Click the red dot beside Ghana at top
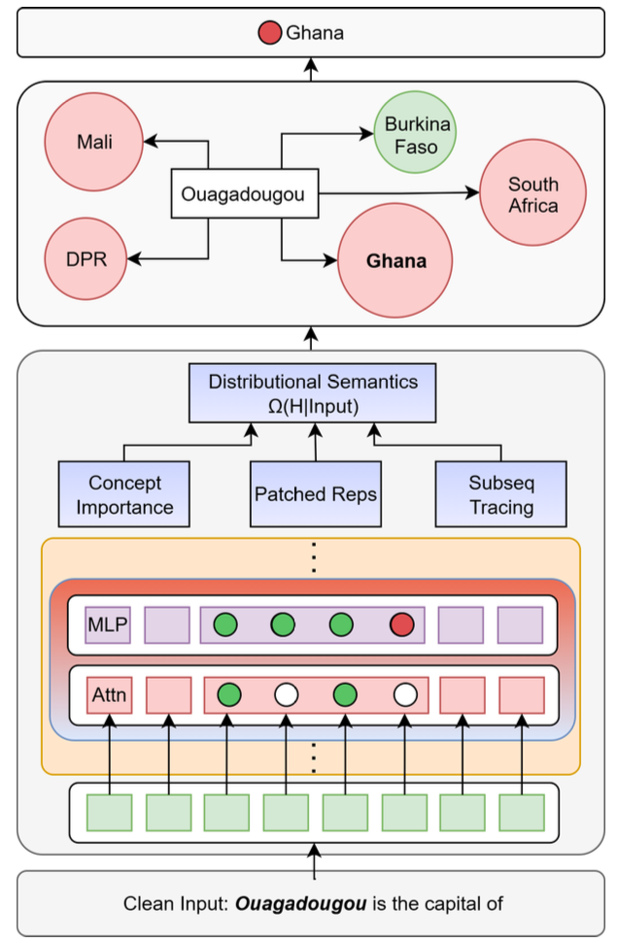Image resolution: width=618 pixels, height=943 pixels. tap(269, 34)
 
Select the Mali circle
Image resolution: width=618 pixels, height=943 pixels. tap(94, 143)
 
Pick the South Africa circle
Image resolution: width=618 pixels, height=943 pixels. tap(532, 194)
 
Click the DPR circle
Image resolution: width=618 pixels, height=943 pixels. tap(88, 258)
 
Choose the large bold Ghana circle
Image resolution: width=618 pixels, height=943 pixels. tap(395, 261)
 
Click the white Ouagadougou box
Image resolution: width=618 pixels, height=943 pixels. tap(243, 194)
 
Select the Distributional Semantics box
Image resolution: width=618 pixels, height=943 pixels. tap(312, 393)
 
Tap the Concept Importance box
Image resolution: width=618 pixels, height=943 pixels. tap(124, 494)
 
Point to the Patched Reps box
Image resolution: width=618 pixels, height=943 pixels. tap(315, 494)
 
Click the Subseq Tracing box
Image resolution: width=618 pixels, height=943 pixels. tap(500, 494)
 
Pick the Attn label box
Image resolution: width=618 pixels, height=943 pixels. tap(109, 694)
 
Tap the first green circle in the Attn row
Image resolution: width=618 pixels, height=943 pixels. tap(229, 694)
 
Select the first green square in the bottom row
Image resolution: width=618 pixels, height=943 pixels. tap(109, 812)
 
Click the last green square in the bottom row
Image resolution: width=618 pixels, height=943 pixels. tap(522, 812)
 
